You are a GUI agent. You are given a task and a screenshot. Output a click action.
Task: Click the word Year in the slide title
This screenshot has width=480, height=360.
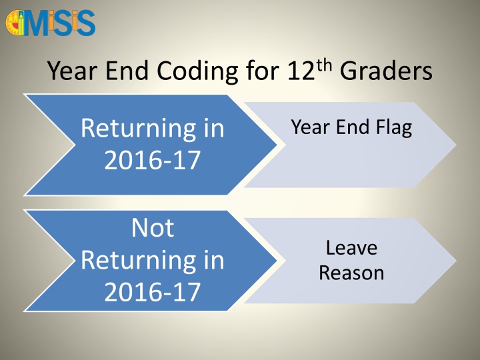pyautogui.click(x=72, y=71)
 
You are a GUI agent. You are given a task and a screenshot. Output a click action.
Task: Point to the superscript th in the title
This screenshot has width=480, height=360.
pyautogui.click(x=324, y=65)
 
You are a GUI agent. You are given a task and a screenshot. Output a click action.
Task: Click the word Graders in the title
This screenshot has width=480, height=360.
pyautogui.click(x=386, y=71)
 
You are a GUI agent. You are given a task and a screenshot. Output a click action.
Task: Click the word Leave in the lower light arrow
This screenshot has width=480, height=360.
pyautogui.click(x=351, y=247)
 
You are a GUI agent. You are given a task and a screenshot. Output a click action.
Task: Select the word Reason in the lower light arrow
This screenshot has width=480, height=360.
pyautogui.click(x=351, y=273)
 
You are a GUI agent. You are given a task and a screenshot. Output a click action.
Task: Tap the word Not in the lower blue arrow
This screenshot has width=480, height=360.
pyautogui.click(x=153, y=228)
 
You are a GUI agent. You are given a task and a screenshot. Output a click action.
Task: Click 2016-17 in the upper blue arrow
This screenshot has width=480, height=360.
pyautogui.click(x=152, y=160)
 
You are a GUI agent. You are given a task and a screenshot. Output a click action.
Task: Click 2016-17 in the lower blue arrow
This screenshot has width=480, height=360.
pyautogui.click(x=152, y=292)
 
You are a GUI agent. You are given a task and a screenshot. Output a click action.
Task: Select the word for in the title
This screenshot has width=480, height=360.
pyautogui.click(x=263, y=71)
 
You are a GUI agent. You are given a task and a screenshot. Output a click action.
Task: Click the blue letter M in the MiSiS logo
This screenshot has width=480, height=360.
pyautogui.click(x=37, y=24)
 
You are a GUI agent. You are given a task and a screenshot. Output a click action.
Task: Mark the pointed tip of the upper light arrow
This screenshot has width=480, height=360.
pyautogui.click(x=456, y=145)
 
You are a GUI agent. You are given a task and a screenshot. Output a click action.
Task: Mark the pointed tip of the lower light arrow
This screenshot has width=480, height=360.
pyautogui.click(x=456, y=261)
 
